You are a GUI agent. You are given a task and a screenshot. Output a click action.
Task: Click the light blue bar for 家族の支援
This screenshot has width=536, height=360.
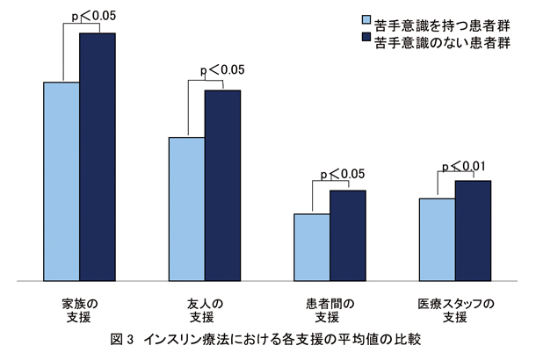[62, 182]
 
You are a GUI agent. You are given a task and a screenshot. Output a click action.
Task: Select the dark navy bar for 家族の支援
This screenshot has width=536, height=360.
[98, 157]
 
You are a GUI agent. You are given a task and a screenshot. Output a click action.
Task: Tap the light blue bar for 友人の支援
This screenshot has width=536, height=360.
[187, 209]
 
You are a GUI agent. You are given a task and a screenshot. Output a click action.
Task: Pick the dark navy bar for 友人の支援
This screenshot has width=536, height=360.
[222, 185]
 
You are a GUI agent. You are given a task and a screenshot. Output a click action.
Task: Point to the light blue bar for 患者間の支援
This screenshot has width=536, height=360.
[312, 247]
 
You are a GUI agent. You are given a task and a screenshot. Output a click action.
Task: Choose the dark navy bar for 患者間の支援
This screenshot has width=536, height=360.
[348, 235]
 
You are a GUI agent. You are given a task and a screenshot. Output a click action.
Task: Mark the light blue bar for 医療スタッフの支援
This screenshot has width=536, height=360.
[437, 240]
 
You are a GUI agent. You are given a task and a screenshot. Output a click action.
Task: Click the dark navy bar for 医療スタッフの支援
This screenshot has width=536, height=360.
[473, 230]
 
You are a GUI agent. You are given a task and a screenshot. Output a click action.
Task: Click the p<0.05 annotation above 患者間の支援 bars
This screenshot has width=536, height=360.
[344, 174]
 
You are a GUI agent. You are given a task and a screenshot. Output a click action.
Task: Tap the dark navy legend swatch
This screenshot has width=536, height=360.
[364, 40]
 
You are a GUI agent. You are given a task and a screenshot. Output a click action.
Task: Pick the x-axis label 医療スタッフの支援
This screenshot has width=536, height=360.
[456, 310]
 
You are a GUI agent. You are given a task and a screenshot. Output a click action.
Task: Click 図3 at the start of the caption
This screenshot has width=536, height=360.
[121, 338]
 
